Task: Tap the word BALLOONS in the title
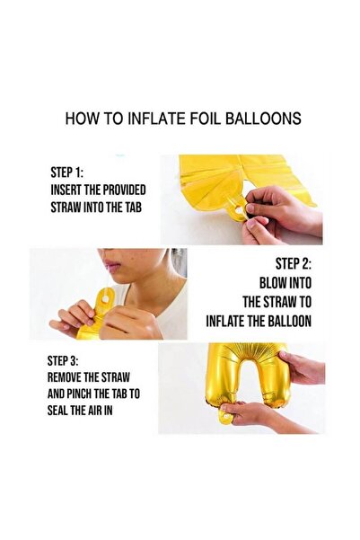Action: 263,119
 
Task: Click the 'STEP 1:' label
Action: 66,173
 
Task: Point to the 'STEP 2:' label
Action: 294,264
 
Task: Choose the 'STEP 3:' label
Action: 63,361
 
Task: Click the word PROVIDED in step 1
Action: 125,190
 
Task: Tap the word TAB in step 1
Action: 133,208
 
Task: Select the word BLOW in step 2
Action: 273,283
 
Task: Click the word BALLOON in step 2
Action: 289,322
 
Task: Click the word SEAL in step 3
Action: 57,411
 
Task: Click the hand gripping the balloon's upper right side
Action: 302,367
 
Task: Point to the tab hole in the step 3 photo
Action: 227,418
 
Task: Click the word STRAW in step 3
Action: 116,377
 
